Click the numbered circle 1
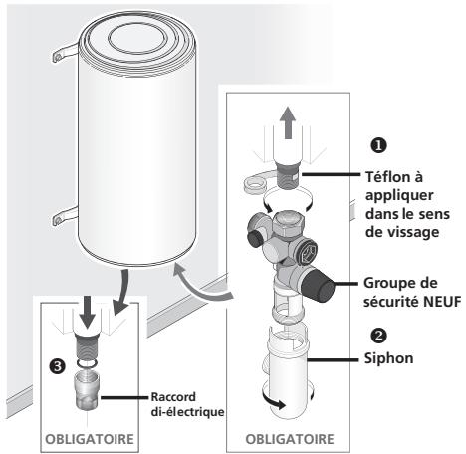pyautogui.click(x=378, y=145)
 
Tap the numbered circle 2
pyautogui.click(x=378, y=336)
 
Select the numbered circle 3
pyautogui.click(x=57, y=366)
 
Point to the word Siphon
pyautogui.click(x=388, y=358)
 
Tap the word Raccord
pyautogui.click(x=173, y=397)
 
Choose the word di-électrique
pyautogui.click(x=187, y=412)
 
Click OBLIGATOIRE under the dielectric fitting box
pyautogui.click(x=90, y=439)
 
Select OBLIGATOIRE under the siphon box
pyautogui.click(x=290, y=439)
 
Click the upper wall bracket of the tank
pyautogui.click(x=65, y=53)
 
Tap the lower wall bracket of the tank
pyautogui.click(x=65, y=216)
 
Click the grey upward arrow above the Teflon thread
pyautogui.click(x=288, y=122)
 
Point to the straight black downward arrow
pyautogui.click(x=88, y=312)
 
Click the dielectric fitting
pyautogui.click(x=87, y=390)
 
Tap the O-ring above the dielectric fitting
pyautogui.click(x=87, y=364)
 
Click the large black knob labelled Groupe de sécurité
pyautogui.click(x=318, y=283)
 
